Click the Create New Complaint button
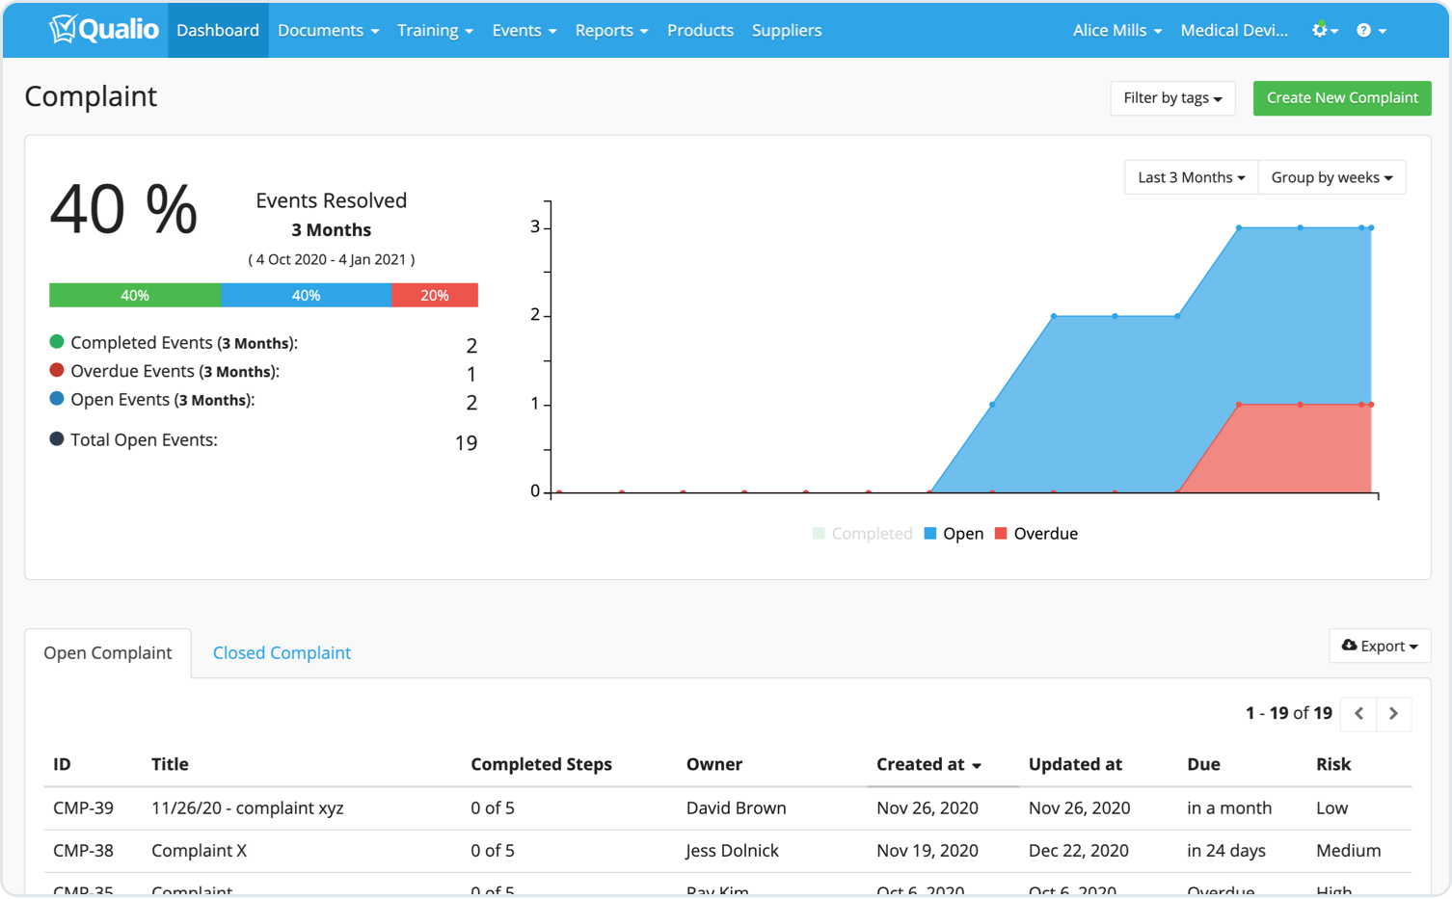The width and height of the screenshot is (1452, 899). point(1341,98)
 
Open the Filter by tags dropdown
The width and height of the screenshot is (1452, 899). point(1172,98)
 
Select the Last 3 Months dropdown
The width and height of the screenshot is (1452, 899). point(1191,177)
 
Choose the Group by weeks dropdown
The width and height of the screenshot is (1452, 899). point(1331,177)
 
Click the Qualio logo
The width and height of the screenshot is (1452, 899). point(104,30)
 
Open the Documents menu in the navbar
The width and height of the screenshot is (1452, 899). point(328,31)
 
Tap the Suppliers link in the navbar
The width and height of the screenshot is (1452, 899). point(787,31)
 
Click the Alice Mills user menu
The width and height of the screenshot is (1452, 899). point(1116,31)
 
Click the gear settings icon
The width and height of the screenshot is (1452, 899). point(1323,31)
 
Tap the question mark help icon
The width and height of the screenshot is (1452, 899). point(1370,31)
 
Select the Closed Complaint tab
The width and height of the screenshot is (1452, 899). point(282,653)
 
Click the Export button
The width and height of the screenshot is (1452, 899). point(1379,647)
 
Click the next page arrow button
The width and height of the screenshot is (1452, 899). point(1393,714)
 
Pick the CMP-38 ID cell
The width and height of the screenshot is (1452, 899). point(83,851)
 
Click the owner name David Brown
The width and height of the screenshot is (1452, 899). point(736,808)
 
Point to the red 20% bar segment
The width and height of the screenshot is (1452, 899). point(434,296)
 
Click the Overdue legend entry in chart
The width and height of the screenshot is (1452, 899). point(1036,534)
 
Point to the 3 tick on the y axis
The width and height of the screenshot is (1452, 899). point(535,227)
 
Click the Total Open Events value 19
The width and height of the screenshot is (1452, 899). point(466,443)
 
